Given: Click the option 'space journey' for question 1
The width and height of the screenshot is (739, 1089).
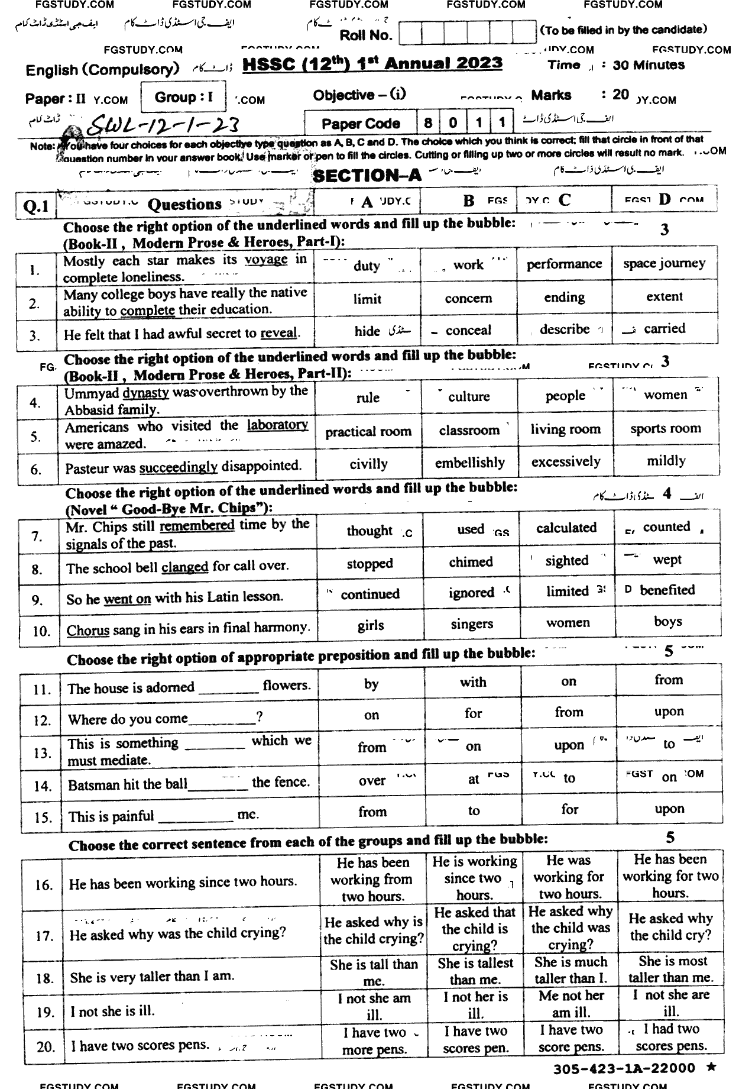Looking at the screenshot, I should point(664,263).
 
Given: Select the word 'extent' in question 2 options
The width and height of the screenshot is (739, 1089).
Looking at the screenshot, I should point(665,297).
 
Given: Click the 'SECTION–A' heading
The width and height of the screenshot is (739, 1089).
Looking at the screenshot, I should point(367,176).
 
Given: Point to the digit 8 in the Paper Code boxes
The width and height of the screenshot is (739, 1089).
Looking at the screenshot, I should point(428,123).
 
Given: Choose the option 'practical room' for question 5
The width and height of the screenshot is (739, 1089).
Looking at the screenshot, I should point(368,431).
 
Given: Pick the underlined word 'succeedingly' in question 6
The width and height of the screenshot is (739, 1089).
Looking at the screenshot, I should point(179,467).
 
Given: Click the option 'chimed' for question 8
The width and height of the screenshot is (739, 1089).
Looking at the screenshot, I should point(471,562).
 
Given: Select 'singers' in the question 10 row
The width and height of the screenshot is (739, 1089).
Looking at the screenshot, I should point(471,624).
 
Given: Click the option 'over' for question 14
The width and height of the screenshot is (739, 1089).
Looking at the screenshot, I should point(372,781).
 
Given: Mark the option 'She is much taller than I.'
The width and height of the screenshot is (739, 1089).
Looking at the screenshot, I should point(571,970).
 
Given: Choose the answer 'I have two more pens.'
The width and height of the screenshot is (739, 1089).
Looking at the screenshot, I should point(374,1041).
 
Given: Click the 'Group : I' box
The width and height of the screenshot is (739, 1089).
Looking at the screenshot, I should point(183,97).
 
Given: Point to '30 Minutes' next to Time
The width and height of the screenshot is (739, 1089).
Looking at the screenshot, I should point(649,66).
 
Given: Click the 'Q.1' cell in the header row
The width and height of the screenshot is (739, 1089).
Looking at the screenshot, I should point(36,206).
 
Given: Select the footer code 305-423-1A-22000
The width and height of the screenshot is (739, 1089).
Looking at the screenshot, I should point(624,1068).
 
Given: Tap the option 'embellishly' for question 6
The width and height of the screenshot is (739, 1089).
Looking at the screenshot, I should point(470,463).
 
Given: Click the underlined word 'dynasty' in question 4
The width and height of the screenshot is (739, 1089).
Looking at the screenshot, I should point(145,393).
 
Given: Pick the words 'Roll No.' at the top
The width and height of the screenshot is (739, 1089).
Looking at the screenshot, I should point(366,35).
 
